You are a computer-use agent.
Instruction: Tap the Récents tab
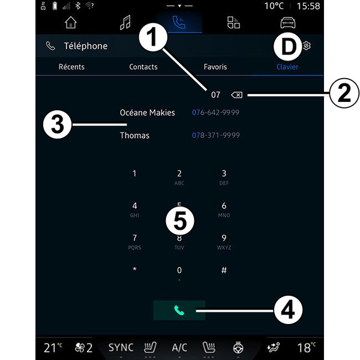[71, 67]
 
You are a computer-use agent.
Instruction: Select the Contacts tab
[143, 67]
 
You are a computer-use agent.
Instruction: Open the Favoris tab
[215, 67]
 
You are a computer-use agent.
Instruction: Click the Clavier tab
[287, 67]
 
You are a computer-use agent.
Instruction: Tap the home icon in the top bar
[71, 23]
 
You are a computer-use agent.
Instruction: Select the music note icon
[125, 23]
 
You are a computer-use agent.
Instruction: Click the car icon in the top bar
[288, 23]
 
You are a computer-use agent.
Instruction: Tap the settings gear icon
[307, 46]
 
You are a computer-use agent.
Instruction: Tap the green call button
[179, 310]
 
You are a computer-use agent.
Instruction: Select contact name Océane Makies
[147, 113]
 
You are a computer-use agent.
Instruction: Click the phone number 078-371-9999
[216, 135]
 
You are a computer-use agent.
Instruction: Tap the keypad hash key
[224, 270]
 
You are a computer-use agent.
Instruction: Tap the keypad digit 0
[179, 270]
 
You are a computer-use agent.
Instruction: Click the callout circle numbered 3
[58, 124]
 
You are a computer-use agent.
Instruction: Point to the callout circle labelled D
[288, 47]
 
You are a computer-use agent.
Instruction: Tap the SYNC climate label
[121, 347]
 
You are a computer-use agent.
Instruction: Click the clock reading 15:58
[308, 6]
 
